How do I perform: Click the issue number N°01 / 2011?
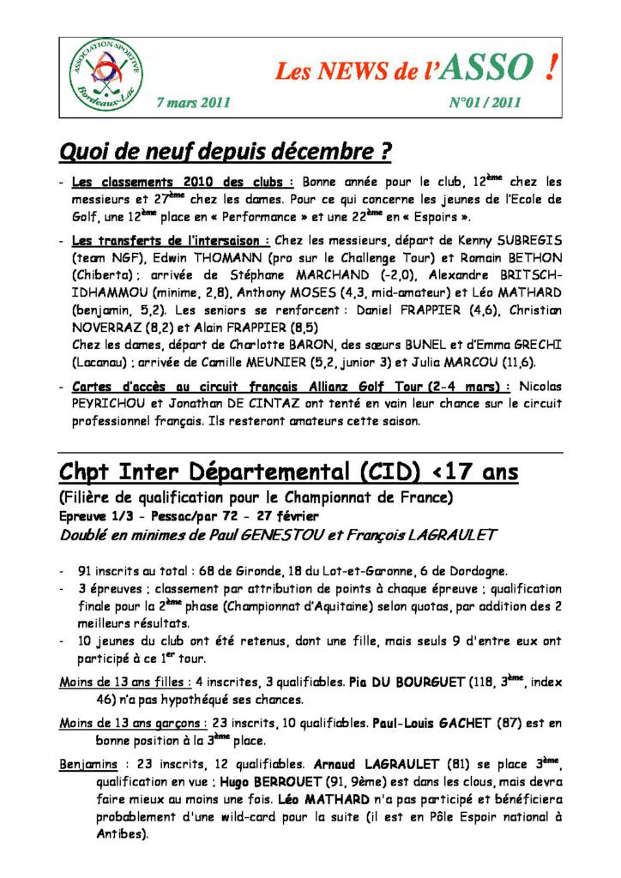coord(485,103)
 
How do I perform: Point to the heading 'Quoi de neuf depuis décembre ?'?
coord(226,153)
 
